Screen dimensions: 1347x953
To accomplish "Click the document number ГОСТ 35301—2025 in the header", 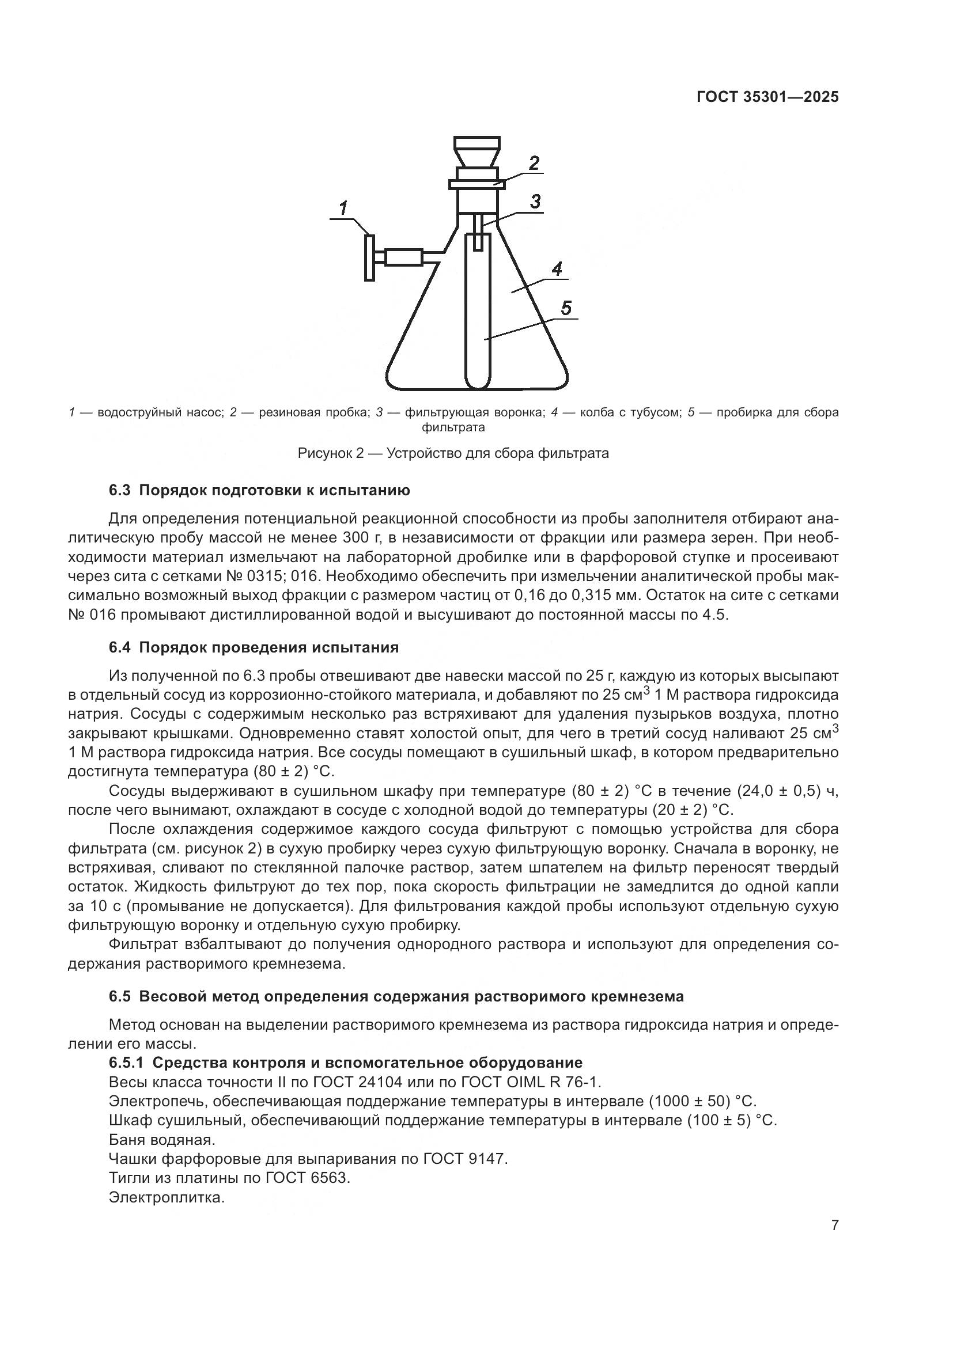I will pos(767,97).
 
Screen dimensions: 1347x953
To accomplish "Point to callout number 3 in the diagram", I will pos(535,201).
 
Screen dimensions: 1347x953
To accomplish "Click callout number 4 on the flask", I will pos(557,269).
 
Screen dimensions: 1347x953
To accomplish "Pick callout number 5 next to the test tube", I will pos(566,308).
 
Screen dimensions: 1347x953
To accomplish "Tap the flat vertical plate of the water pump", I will pos(369,257).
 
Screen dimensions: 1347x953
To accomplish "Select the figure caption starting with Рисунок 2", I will pos(453,453).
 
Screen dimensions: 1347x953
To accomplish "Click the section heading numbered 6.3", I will pos(259,491).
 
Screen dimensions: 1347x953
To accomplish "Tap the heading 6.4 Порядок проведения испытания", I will pos(254,648).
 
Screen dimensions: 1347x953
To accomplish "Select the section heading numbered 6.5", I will pos(396,996).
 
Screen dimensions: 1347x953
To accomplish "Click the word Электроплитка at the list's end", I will pos(167,1197).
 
